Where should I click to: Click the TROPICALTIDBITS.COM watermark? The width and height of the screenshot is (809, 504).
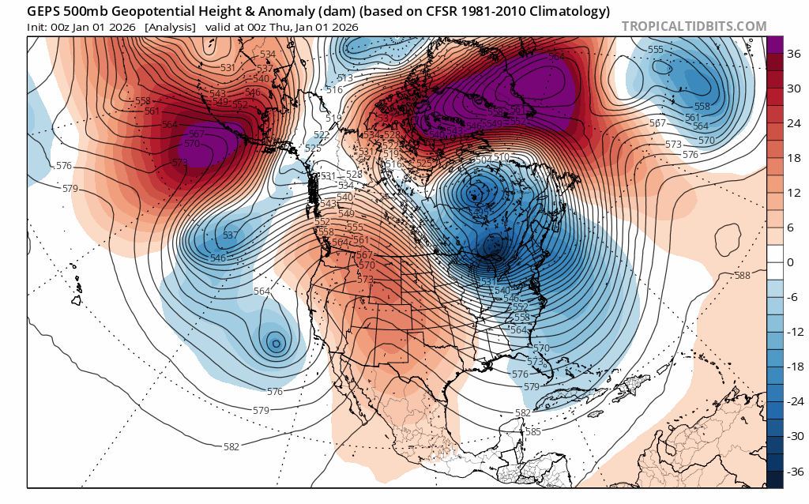point(694,26)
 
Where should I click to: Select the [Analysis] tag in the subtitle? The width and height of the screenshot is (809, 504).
point(170,27)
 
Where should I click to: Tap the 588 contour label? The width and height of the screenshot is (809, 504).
point(742,275)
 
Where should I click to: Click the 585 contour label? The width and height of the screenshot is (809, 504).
point(532,431)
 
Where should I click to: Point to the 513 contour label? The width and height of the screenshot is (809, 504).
point(344,77)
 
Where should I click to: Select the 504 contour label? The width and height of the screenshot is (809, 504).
point(482,160)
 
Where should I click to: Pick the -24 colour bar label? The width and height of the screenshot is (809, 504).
point(794,401)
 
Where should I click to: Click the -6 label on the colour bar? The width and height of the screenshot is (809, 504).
point(792,297)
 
